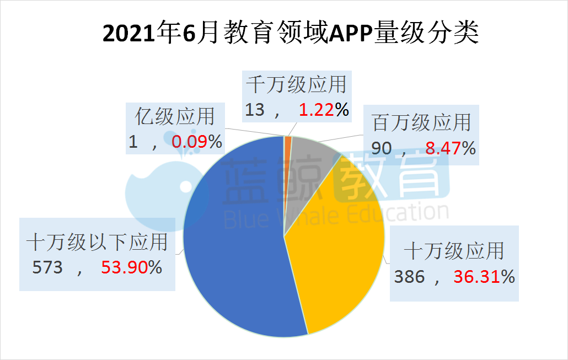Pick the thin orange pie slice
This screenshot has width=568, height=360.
(x=288, y=142)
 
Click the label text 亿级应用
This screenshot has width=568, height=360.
(x=174, y=117)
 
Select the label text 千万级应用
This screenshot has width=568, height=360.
(x=296, y=85)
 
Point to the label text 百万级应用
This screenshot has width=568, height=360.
(x=422, y=122)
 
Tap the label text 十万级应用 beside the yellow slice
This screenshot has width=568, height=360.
(x=454, y=251)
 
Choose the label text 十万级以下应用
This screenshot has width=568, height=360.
(x=97, y=243)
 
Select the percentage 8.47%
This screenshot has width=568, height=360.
(x=450, y=148)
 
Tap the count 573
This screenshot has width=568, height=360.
(x=49, y=267)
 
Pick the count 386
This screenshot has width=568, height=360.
(x=409, y=276)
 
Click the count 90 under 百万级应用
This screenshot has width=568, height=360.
(x=382, y=148)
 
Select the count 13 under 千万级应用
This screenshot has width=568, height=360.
(x=255, y=110)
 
